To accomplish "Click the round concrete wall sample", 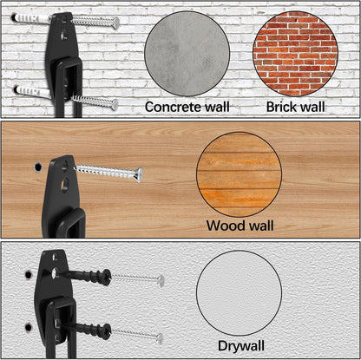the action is pyautogui.click(x=187, y=54).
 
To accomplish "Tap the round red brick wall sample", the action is pyautogui.click(x=296, y=54).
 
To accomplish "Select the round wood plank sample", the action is pyautogui.click(x=239, y=174).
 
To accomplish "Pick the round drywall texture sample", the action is pyautogui.click(x=239, y=293).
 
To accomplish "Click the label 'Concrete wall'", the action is pyautogui.click(x=187, y=107).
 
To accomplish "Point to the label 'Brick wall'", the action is pyautogui.click(x=295, y=107).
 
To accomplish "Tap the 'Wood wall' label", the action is pyautogui.click(x=240, y=226).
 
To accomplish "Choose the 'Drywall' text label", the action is pyautogui.click(x=241, y=346).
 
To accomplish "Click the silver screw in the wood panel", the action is pyautogui.click(x=109, y=173).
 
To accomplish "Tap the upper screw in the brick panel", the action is pyautogui.click(x=95, y=22).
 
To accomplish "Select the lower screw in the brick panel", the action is pyautogui.click(x=95, y=101).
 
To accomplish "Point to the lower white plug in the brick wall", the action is pyautogui.click(x=32, y=92).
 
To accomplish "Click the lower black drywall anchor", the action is pyautogui.click(x=88, y=330).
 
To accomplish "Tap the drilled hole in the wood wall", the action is pyautogui.click(x=38, y=167).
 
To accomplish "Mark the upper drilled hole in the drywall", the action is pyautogui.click(x=29, y=274).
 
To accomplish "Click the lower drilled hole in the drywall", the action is pyautogui.click(x=29, y=328).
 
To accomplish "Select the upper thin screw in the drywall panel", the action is pyautogui.click(x=138, y=278).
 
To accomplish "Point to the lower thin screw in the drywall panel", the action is pyautogui.click(x=137, y=335).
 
